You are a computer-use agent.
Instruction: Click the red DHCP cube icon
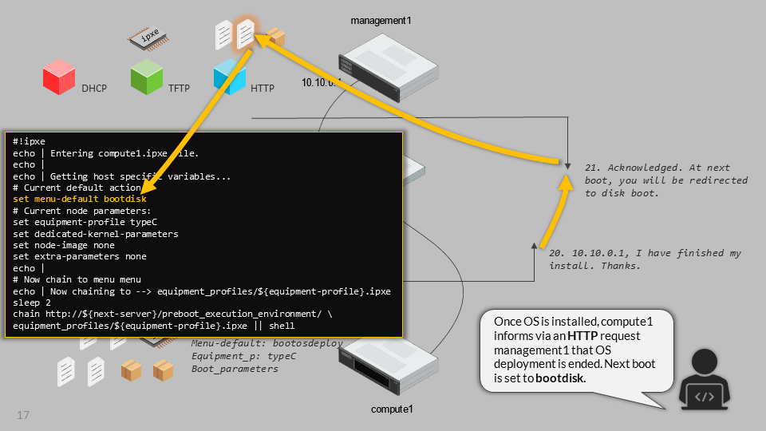point(59,78)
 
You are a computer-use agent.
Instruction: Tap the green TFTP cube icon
point(147,77)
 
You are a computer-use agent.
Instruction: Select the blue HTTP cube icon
point(229,78)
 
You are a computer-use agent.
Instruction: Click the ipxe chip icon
point(148,38)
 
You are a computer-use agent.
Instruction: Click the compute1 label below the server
point(393,409)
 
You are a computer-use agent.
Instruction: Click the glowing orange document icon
point(247,34)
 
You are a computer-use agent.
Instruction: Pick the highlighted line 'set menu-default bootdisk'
point(80,199)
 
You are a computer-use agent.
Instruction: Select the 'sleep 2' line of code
point(32,303)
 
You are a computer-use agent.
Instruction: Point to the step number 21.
point(592,168)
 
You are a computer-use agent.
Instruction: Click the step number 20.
point(556,254)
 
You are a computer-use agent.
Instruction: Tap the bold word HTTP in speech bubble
point(582,335)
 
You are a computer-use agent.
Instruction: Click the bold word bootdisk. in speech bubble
point(560,378)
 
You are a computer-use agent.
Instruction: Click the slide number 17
point(23,416)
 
